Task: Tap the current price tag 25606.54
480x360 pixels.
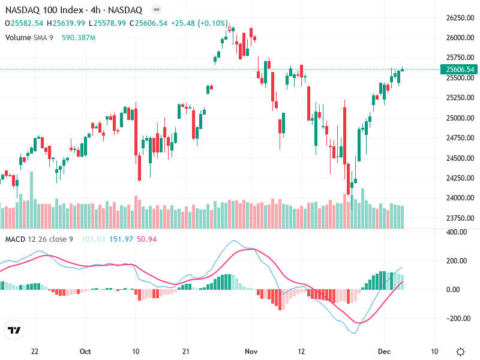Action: click(x=460, y=70)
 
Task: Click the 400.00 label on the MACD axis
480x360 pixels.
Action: click(x=458, y=232)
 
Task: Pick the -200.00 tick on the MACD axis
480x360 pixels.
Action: click(x=457, y=319)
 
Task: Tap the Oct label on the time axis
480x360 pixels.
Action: click(x=85, y=352)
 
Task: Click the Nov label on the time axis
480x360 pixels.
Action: click(x=251, y=352)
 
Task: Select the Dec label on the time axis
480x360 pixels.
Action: click(x=384, y=352)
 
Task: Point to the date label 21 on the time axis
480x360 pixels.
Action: click(x=186, y=352)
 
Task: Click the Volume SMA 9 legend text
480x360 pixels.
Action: click(x=29, y=37)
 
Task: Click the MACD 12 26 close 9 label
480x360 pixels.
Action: click(x=39, y=240)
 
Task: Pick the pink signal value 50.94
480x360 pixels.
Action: click(x=147, y=240)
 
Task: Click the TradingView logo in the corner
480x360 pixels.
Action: click(x=14, y=331)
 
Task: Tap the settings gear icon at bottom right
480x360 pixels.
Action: click(x=460, y=352)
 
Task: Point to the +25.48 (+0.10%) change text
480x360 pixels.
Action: click(x=199, y=23)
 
